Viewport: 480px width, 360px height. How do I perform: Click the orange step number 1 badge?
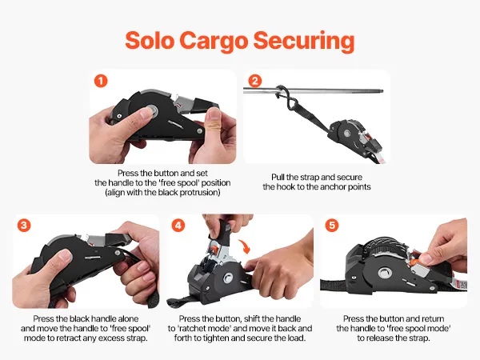[101, 81]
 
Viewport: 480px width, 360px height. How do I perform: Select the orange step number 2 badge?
[255, 81]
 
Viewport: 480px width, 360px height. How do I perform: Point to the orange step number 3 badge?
[24, 226]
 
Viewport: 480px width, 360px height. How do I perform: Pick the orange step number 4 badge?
[178, 226]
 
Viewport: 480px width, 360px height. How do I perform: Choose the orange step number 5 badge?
[332, 226]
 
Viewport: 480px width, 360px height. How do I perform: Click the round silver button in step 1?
[151, 111]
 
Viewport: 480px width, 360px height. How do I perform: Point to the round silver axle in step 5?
[383, 273]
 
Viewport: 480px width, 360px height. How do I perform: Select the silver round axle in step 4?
[229, 278]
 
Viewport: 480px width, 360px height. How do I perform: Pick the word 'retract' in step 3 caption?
[82, 338]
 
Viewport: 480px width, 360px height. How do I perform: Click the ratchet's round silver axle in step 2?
[347, 134]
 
